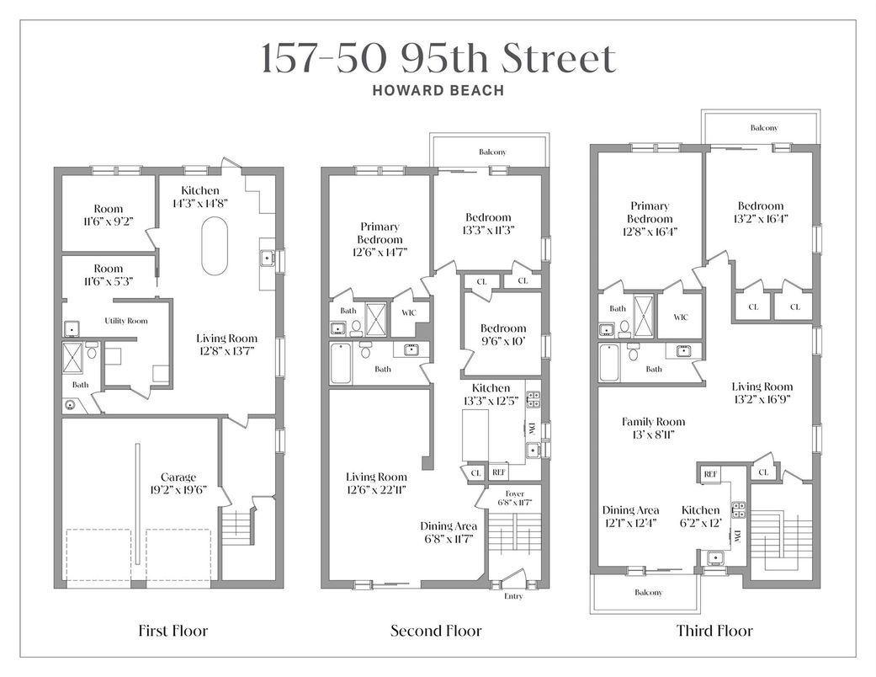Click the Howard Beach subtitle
click(x=438, y=90)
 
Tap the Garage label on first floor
click(x=178, y=477)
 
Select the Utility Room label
click(x=126, y=321)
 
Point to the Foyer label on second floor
click(x=515, y=493)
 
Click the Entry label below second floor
click(x=513, y=596)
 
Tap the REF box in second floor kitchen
click(x=499, y=472)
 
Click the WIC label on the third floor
click(x=681, y=317)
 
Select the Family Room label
click(x=653, y=422)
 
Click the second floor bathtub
click(x=340, y=364)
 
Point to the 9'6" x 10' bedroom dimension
click(x=503, y=341)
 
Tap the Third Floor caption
click(x=714, y=631)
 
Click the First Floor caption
click(x=173, y=631)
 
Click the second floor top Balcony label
click(x=493, y=152)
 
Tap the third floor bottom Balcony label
click(x=648, y=592)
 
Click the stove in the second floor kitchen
click(x=533, y=399)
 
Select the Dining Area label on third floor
click(x=631, y=510)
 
